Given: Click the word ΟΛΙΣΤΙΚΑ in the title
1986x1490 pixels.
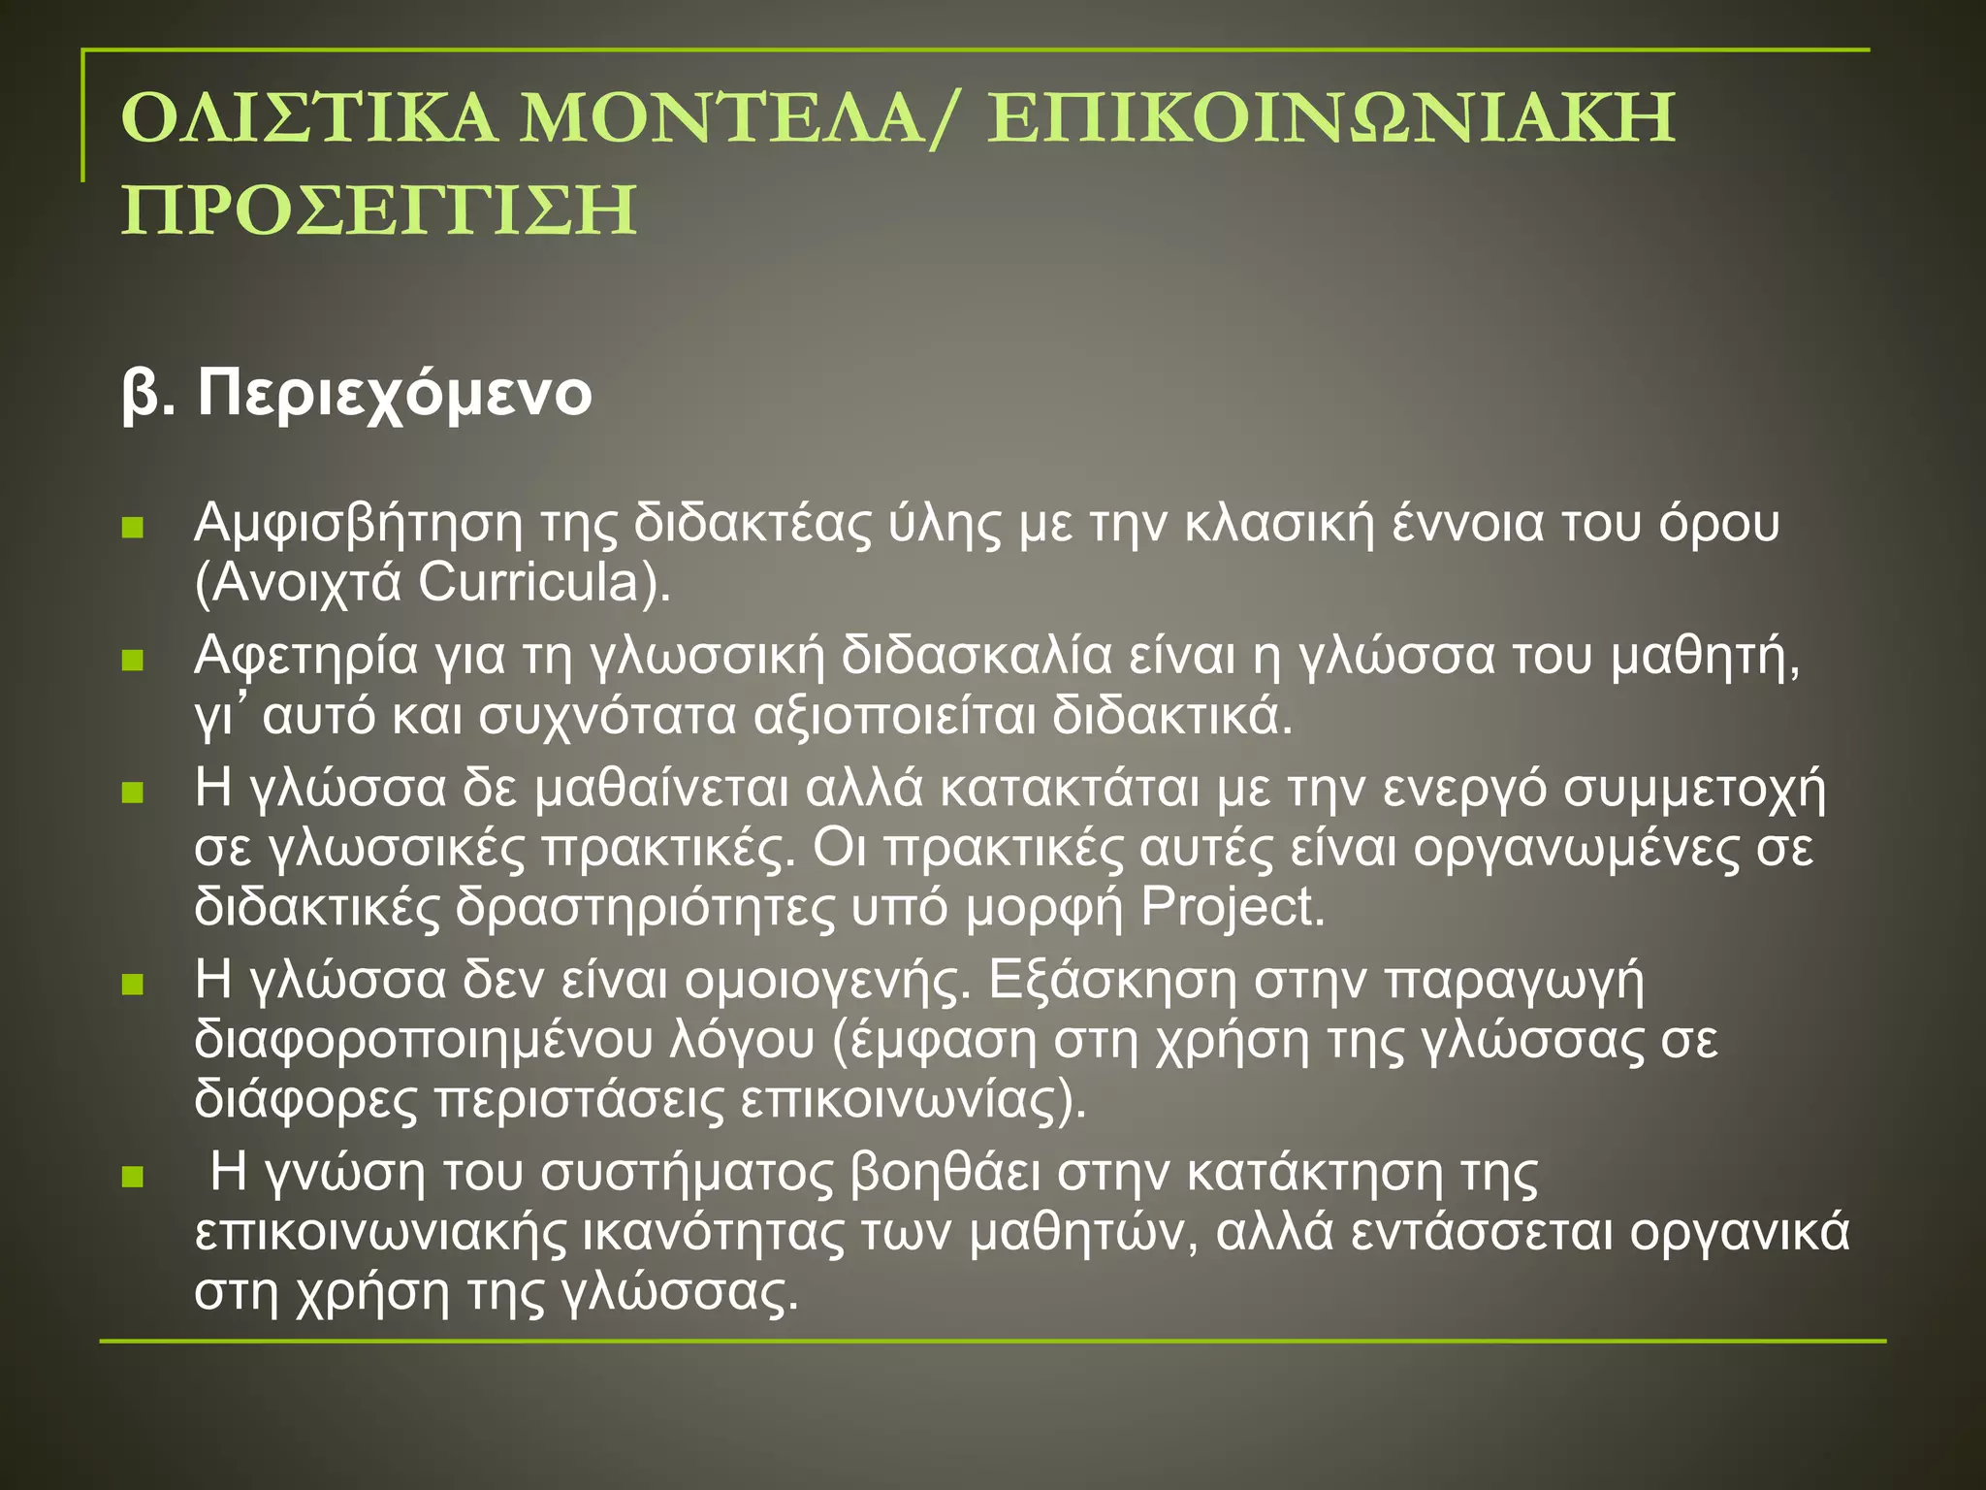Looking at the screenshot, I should point(308,118).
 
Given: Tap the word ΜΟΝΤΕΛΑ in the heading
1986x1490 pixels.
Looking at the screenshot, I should point(721,118).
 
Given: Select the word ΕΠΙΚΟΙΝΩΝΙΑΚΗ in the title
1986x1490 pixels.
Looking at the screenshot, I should point(1330,118).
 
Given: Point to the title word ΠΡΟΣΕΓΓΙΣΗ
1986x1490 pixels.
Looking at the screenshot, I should point(379,211).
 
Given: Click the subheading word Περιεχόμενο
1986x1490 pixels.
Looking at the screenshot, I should point(394,395).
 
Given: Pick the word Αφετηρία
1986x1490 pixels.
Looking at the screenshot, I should point(306,657).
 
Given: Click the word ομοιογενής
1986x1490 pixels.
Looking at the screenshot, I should point(827,981).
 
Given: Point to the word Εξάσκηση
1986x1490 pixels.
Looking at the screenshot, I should point(1112,981).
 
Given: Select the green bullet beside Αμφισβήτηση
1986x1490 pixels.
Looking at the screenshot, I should point(133,529).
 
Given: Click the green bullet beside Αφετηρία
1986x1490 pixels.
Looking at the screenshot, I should point(133,661).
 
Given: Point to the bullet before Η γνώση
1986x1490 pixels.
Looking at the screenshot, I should point(133,1178).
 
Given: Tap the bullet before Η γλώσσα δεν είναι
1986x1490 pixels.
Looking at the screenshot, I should point(133,986).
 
